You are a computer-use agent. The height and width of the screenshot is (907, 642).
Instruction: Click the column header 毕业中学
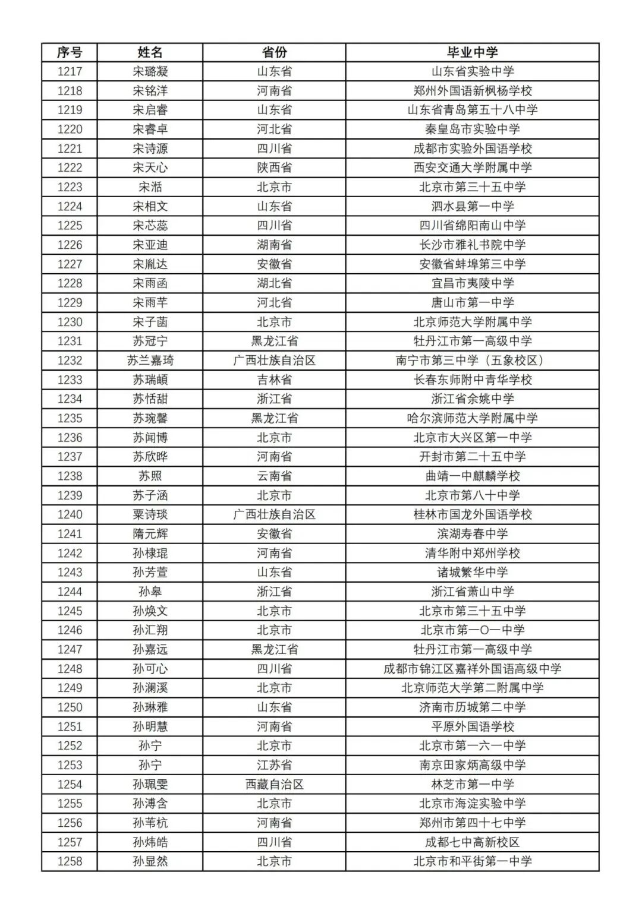tap(472, 52)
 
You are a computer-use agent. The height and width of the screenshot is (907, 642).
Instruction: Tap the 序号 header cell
tap(70, 52)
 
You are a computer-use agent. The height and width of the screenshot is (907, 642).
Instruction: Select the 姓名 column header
tap(150, 52)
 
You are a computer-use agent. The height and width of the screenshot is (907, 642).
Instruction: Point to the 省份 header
tap(274, 52)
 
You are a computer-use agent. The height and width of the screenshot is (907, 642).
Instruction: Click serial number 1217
tap(70, 71)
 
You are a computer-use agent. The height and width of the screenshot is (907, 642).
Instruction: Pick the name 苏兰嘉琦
tap(150, 361)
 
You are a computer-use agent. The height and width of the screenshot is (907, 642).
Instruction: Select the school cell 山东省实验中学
tap(472, 71)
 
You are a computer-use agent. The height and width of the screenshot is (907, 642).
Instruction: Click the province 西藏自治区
tap(274, 784)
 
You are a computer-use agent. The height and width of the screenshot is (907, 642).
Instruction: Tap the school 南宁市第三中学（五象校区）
tap(472, 361)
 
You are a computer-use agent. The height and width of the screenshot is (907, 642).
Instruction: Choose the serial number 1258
tap(70, 861)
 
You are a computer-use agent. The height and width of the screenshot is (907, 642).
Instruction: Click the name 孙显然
tap(150, 861)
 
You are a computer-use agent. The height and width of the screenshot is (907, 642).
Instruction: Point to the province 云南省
tap(274, 476)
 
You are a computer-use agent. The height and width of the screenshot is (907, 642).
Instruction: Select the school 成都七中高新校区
tap(472, 842)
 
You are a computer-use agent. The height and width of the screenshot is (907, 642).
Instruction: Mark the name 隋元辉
tap(150, 534)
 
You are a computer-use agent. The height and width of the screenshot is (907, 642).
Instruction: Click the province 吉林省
tap(274, 380)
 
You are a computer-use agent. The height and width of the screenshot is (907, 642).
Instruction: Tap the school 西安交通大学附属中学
tap(472, 168)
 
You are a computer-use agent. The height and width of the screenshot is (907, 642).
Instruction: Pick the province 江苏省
tap(274, 765)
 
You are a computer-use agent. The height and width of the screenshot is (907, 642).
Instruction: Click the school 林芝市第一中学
tap(472, 784)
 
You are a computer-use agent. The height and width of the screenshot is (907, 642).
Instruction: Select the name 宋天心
tap(150, 168)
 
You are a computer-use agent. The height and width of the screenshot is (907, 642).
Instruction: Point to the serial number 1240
tap(70, 514)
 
